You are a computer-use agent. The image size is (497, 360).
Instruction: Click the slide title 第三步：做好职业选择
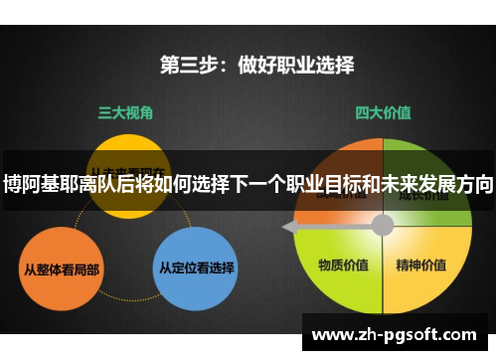click(256, 66)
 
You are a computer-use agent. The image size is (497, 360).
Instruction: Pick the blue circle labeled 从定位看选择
click(196, 267)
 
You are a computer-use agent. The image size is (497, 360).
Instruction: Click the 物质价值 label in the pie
click(343, 266)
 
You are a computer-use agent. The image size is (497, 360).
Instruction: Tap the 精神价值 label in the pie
click(420, 266)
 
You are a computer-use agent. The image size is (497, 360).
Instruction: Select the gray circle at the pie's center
click(382, 225)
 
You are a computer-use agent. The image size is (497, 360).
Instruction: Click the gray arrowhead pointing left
click(290, 227)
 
